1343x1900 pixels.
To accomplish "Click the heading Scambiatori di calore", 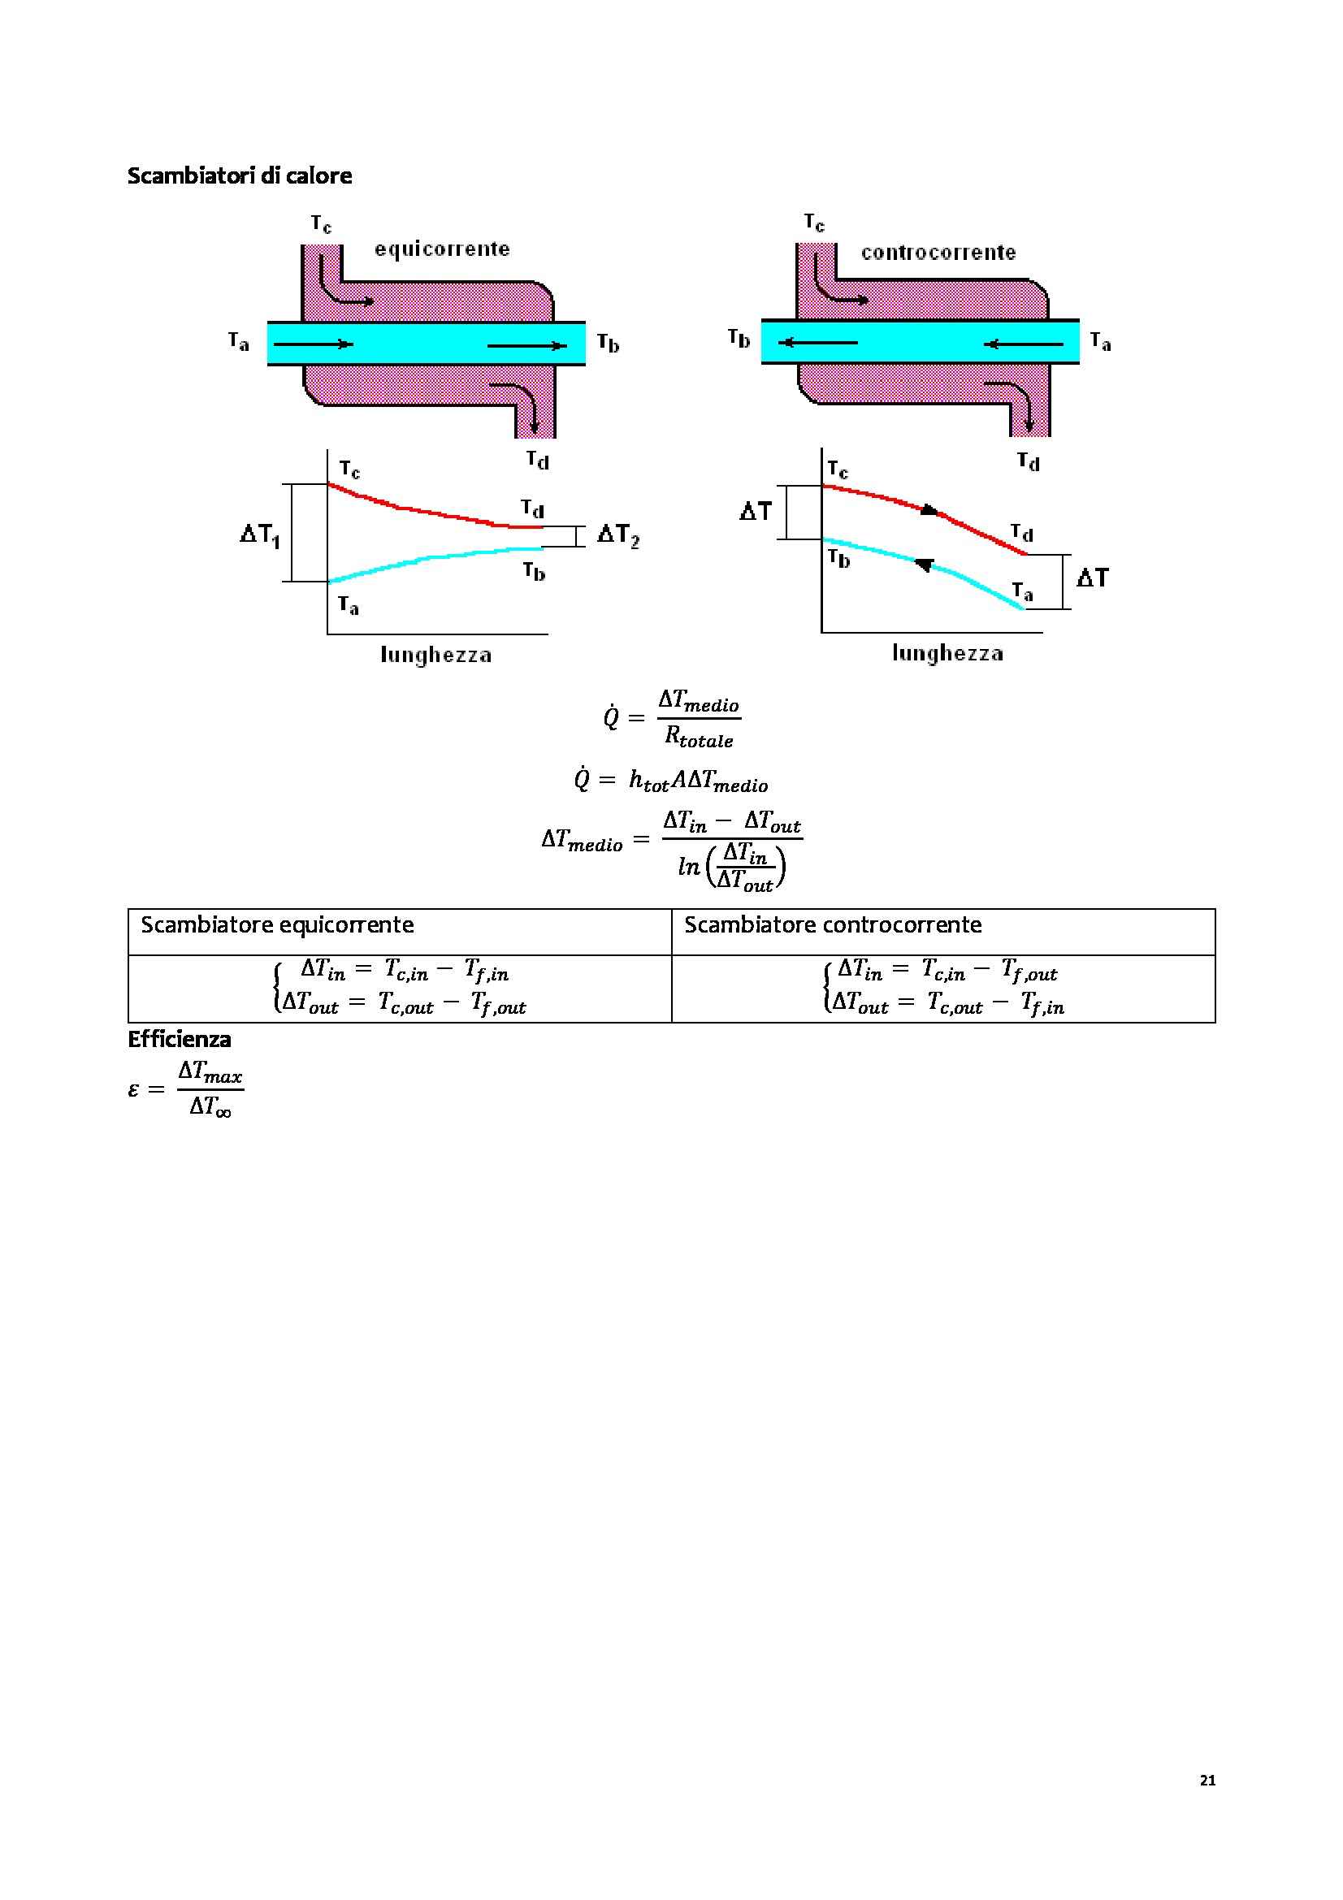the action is coord(239,175).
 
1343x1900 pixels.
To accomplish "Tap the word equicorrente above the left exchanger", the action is coord(442,249).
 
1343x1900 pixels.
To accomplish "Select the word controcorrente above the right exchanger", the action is coord(938,253).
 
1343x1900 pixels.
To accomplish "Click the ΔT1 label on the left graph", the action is coord(260,535).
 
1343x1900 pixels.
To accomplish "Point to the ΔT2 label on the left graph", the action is coord(618,535).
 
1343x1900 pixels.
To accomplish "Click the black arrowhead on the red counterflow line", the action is coord(929,510).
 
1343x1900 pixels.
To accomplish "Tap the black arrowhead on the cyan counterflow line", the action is coord(925,565).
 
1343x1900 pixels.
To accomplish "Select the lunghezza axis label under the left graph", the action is coord(436,656).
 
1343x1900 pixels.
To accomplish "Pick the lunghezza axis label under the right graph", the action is coord(947,654).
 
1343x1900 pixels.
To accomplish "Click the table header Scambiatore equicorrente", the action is coord(277,924).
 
